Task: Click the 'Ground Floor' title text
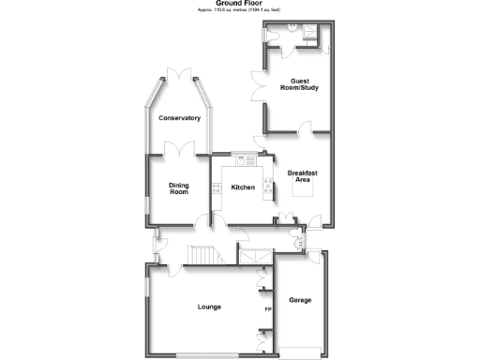tap(239, 4)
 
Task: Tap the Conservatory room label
tap(179, 118)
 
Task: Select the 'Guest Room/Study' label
tap(299, 84)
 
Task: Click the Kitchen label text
tap(243, 187)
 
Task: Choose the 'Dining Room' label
tap(178, 187)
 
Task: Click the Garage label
tap(300, 300)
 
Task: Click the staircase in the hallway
tap(202, 255)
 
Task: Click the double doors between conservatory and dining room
tap(179, 147)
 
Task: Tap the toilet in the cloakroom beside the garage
tap(298, 244)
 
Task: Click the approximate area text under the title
tap(239, 10)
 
